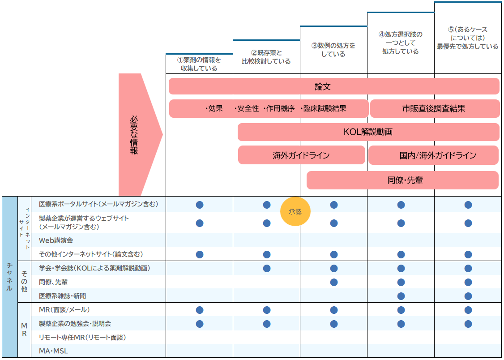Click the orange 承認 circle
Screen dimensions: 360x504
[295, 212]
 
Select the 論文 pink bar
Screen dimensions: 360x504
[334, 86]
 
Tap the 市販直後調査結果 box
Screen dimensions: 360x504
[434, 109]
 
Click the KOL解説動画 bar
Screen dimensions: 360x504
[368, 132]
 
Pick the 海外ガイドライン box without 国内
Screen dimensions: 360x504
[301, 155]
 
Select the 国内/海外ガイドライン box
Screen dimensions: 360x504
[433, 155]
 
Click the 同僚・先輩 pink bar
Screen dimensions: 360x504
[402, 180]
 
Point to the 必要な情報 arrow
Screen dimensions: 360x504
[136, 134]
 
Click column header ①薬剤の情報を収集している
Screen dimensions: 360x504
[199, 64]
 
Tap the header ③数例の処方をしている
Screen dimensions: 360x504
[333, 50]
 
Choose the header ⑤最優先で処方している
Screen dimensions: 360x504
[468, 38]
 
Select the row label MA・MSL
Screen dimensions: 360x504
[53, 351]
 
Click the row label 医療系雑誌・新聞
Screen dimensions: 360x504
[62, 296]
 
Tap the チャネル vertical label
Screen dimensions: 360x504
[10, 277]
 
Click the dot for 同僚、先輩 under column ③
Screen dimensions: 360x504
[334, 282]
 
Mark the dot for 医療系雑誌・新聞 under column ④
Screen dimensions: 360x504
[401, 296]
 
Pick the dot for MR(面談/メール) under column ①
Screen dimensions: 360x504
[200, 310]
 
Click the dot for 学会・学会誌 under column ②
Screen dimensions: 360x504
[267, 268]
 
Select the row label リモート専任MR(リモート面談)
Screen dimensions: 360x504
[82, 337]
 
